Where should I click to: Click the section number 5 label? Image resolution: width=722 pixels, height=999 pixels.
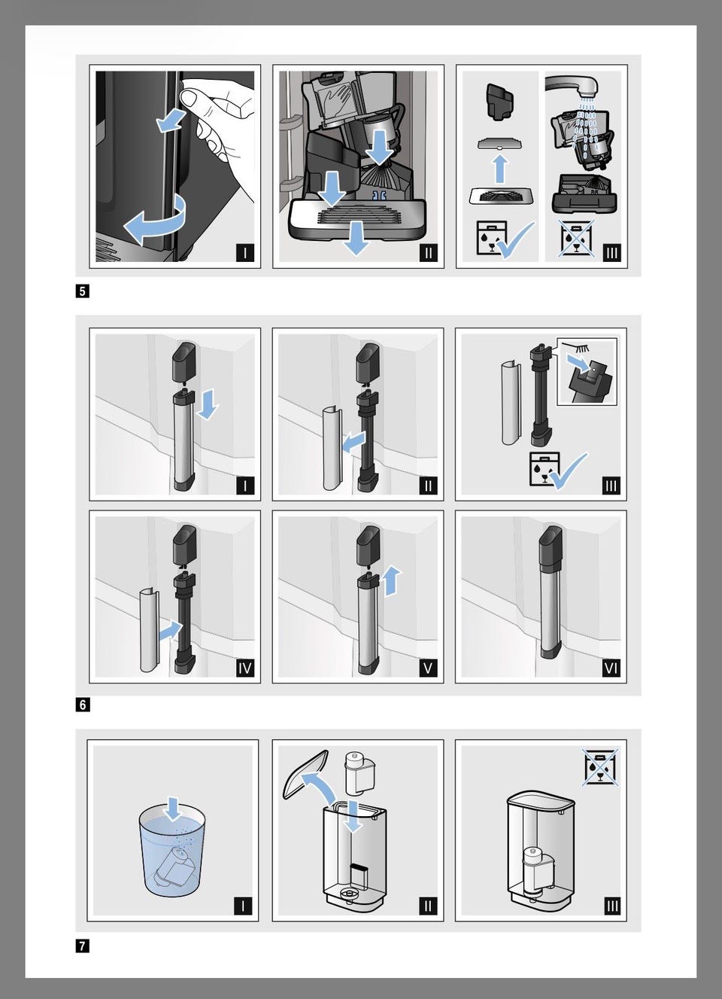(x=83, y=291)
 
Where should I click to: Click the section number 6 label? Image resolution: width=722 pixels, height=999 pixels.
(x=83, y=705)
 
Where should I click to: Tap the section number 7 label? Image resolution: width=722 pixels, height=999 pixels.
(x=83, y=946)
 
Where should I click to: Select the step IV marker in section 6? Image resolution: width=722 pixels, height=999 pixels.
(x=245, y=668)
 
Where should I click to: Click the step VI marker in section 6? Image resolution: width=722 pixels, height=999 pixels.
(x=611, y=668)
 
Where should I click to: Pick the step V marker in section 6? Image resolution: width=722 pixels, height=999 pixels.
(x=428, y=668)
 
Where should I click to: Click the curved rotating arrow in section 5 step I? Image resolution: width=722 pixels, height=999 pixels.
(x=156, y=219)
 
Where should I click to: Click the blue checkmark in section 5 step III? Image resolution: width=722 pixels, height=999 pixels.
(x=517, y=240)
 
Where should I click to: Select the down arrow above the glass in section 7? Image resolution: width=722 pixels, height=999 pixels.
(x=173, y=809)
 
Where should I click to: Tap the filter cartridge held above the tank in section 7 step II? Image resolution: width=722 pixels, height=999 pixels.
(x=359, y=773)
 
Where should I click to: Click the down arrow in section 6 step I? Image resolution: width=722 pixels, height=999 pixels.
(x=208, y=404)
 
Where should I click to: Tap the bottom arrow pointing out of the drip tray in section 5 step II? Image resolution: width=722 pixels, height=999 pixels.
(x=357, y=239)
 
